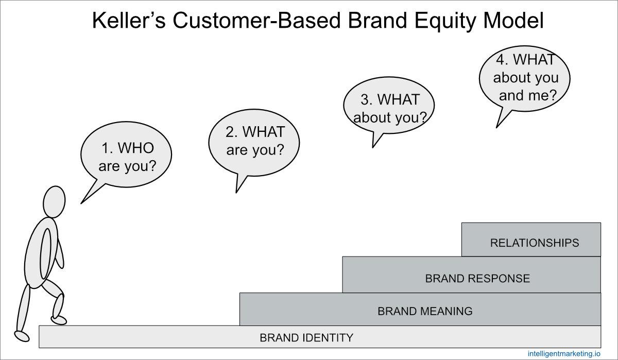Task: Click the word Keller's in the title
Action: pyautogui.click(x=128, y=21)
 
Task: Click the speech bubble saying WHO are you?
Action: pyautogui.click(x=127, y=157)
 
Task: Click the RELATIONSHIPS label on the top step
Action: pyautogui.click(x=534, y=243)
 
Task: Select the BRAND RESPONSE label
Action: pyautogui.click(x=477, y=279)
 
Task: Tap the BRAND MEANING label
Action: pyautogui.click(x=424, y=311)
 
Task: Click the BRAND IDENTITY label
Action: pyautogui.click(x=306, y=338)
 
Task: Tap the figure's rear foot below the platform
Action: pyautogui.click(x=22, y=335)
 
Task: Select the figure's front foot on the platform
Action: pyautogui.click(x=59, y=320)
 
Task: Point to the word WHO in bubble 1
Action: pyautogui.click(x=135, y=148)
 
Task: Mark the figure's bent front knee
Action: pyautogui.click(x=59, y=299)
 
